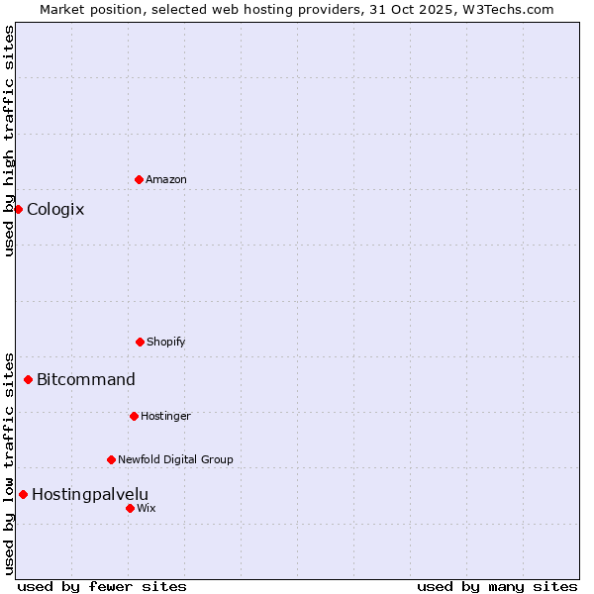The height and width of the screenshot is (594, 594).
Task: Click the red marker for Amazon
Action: [x=139, y=179]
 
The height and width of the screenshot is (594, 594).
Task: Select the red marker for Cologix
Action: [x=18, y=209]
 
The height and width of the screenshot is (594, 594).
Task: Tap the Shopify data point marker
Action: [x=140, y=342]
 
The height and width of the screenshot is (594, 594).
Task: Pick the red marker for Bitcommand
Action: [x=28, y=379]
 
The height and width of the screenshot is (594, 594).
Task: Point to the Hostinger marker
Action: [x=134, y=416]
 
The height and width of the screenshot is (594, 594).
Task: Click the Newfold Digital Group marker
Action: [x=111, y=459]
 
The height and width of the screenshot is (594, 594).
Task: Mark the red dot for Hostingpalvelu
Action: [x=23, y=494]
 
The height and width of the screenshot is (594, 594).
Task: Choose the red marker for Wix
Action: [x=130, y=508]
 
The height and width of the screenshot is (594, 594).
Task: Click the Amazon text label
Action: [x=166, y=179]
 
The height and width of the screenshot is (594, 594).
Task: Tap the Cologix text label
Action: [x=55, y=209]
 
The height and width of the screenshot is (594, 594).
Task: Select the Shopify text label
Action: [x=166, y=342]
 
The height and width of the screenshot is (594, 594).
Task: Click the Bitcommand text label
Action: [x=86, y=379]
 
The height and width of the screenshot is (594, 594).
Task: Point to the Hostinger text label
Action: [x=165, y=416]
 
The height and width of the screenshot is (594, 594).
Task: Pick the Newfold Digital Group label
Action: [x=175, y=459]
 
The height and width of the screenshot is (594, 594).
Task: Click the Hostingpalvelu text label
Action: [x=90, y=494]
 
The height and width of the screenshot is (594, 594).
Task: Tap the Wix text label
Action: [x=146, y=508]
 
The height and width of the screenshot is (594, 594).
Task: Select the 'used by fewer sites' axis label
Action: [x=102, y=586]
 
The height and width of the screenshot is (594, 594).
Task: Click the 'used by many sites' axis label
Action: [x=497, y=586]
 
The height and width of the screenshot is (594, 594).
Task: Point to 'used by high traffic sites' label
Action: [x=9, y=141]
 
